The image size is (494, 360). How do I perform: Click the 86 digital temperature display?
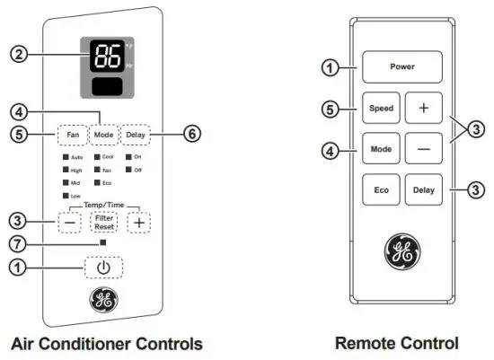(101, 55)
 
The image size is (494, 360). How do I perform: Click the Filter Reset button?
(104, 221)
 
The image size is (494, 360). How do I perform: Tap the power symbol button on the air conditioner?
(103, 267)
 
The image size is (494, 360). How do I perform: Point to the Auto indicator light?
(66, 156)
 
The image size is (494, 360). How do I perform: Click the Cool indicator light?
(97, 156)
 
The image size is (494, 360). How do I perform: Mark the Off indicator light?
(128, 169)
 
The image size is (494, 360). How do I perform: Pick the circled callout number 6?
(191, 135)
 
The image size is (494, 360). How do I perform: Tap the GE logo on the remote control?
(401, 253)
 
